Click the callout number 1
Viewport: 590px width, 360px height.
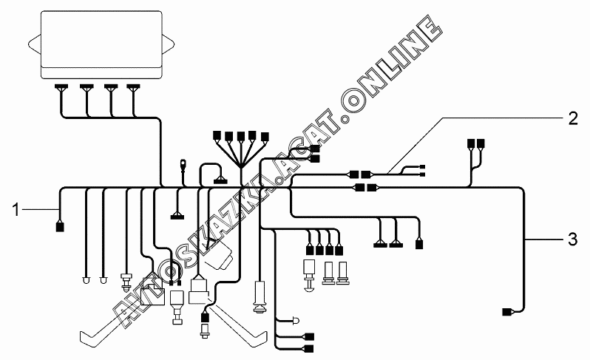click(x=15, y=211)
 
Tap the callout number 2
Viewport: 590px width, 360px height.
click(x=572, y=118)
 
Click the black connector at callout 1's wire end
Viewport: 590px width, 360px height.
click(x=60, y=227)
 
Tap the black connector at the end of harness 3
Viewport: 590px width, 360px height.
click(x=508, y=313)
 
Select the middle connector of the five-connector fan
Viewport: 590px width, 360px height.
click(x=241, y=136)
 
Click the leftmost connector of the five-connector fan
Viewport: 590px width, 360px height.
click(x=217, y=135)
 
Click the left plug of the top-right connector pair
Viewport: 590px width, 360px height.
click(x=470, y=143)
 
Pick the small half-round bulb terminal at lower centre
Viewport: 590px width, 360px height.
click(x=296, y=321)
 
